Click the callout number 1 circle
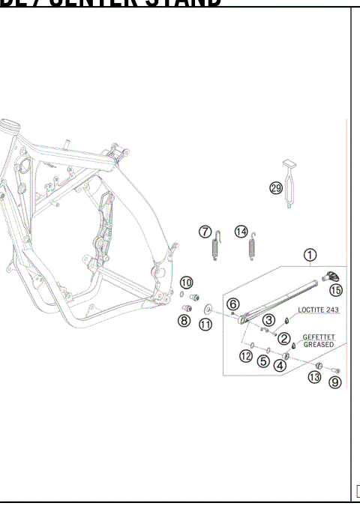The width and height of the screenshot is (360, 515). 310,255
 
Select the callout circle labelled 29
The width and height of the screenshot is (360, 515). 276,188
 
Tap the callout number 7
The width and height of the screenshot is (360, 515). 205,231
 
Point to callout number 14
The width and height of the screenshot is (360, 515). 241,231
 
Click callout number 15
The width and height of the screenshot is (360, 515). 335,289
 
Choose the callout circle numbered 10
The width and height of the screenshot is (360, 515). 186,282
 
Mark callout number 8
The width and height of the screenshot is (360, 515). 184,321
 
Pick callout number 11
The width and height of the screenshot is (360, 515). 205,324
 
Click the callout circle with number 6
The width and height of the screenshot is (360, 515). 233,304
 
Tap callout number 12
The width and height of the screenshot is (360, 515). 246,356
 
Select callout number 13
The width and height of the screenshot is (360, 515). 315,378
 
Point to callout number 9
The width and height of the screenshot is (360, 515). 335,382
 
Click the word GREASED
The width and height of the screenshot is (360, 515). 319,344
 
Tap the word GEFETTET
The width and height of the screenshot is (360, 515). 319,337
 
